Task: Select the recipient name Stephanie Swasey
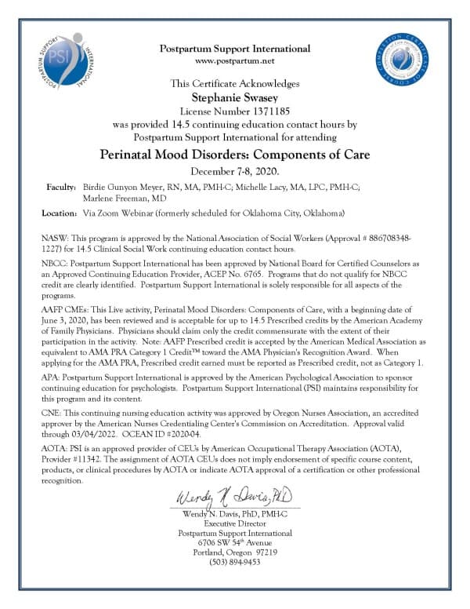235,97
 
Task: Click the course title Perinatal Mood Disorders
235,154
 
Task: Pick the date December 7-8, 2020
235,171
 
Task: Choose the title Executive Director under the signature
235,522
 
